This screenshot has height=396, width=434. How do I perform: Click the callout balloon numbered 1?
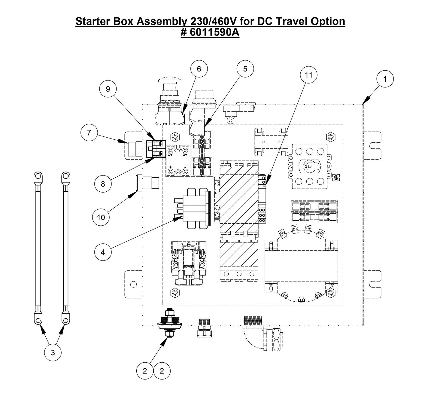pyautogui.click(x=385, y=79)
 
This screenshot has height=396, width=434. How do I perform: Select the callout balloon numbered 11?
pyautogui.click(x=308, y=75)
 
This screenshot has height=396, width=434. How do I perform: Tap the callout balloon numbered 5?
pyautogui.click(x=245, y=69)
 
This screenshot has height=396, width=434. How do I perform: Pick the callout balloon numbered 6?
pyautogui.click(x=199, y=69)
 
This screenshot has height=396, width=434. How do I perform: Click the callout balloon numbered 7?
pyautogui.click(x=89, y=133)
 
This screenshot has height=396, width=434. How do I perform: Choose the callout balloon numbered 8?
pyautogui.click(x=103, y=184)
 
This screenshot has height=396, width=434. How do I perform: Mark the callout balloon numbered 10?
pyautogui.click(x=101, y=217)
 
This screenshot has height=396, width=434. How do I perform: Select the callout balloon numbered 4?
pyautogui.click(x=103, y=252)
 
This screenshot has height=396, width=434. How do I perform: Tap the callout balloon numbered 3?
pyautogui.click(x=53, y=353)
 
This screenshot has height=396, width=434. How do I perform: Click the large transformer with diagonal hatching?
pyautogui.click(x=239, y=198)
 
